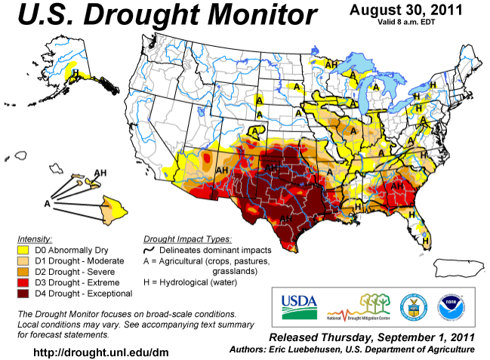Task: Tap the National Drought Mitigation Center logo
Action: tap(359, 304)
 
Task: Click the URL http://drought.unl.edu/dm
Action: tap(101, 352)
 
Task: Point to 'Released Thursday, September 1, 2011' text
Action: tap(371, 337)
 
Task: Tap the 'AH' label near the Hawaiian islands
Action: tap(100, 173)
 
